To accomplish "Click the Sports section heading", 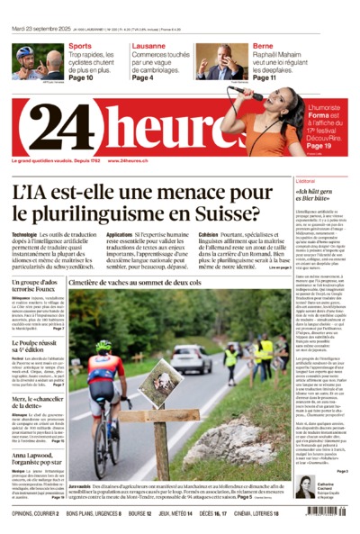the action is click(x=80, y=45).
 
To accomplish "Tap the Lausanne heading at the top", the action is click(x=150, y=45).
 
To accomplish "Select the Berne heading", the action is click(x=262, y=45).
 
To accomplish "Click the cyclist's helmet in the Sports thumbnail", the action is click(x=24, y=52).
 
